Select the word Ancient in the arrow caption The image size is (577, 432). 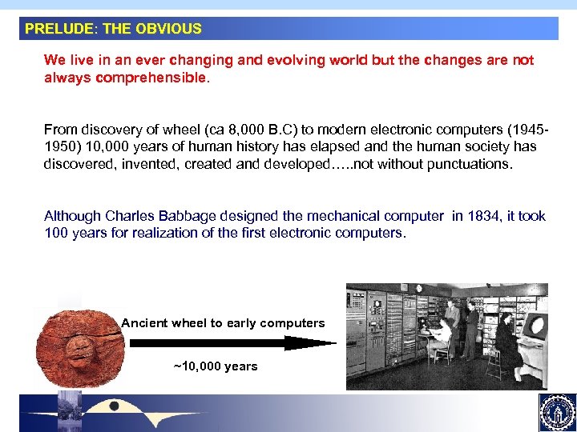pos(144,323)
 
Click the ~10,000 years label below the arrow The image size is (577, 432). pos(216,366)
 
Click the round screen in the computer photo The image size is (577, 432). pos(535,326)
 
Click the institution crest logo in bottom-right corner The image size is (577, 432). pos(556,412)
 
